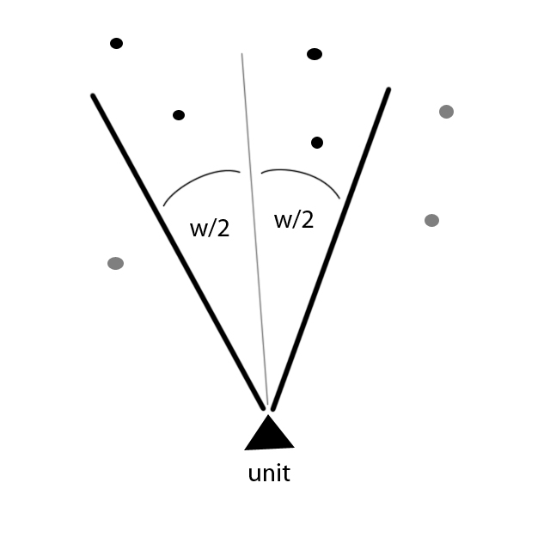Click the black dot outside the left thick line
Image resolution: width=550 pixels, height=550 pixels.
(117, 44)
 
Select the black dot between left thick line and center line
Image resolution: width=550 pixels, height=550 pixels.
(179, 115)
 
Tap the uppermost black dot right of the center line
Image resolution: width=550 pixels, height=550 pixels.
(315, 54)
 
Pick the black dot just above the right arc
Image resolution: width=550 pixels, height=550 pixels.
(317, 143)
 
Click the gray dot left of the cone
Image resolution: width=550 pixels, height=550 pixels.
(115, 264)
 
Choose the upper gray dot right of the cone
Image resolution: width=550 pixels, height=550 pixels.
(447, 112)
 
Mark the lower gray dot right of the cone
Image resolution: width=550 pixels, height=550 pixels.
(431, 221)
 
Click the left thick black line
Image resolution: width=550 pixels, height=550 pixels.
(178, 252)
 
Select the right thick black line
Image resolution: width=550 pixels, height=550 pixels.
(331, 249)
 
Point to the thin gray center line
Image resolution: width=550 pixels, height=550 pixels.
(254, 229)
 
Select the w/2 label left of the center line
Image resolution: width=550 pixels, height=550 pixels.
(210, 229)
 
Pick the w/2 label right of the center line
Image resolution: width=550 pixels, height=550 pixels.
(294, 221)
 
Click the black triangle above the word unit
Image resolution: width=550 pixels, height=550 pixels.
(269, 432)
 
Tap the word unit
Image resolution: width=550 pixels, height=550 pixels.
(269, 474)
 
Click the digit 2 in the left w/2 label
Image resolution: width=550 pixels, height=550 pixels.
(223, 229)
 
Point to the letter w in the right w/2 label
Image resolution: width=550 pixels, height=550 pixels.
(282, 222)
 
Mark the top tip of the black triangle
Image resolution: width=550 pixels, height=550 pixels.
(268, 415)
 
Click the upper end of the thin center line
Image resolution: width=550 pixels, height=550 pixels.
(241, 53)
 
